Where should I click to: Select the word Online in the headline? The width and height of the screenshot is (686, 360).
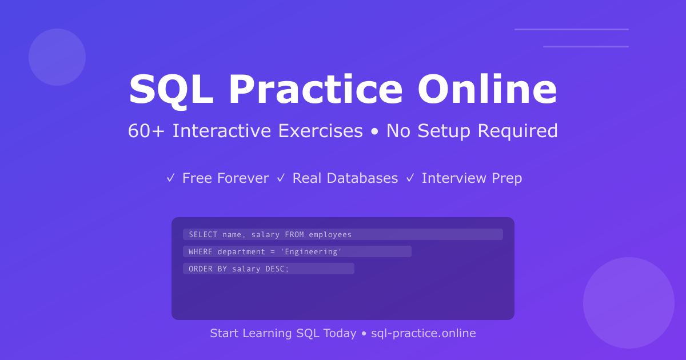(487, 90)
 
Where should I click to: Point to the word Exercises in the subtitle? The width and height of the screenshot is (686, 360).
(320, 131)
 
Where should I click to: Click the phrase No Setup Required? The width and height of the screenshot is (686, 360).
(472, 131)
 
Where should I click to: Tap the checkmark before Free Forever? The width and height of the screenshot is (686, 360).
(170, 178)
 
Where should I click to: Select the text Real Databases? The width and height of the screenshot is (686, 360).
(345, 178)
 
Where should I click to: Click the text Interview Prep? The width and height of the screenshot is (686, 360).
(472, 178)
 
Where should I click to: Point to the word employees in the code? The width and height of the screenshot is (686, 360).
(330, 234)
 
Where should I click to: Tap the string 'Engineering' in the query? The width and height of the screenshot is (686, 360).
(311, 251)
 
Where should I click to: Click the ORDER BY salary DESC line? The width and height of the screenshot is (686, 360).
(239, 269)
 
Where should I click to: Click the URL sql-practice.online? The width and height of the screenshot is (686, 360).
(424, 333)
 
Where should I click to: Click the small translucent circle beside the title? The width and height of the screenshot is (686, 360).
(57, 57)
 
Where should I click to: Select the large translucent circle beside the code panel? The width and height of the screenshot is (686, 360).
(629, 303)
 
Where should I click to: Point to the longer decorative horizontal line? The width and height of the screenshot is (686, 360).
(572, 29)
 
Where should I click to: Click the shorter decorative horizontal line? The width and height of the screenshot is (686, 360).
(586, 46)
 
